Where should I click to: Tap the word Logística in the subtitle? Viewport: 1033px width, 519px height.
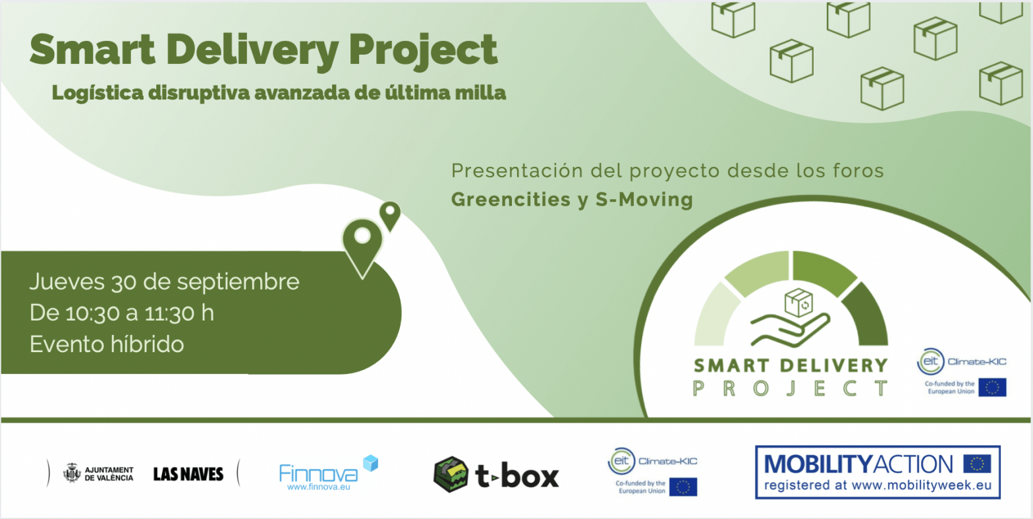point(96,94)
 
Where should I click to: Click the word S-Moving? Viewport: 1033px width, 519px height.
point(644,199)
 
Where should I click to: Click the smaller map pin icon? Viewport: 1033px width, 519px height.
point(391,214)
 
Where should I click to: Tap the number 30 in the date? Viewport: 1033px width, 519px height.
point(123,282)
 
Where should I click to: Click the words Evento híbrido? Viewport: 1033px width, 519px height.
point(107,344)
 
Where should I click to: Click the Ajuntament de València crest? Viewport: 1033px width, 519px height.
point(71,473)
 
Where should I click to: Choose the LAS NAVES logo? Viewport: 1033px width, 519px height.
point(188,474)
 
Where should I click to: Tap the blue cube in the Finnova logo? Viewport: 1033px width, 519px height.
point(370,463)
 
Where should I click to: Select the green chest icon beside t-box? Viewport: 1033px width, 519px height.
point(451,474)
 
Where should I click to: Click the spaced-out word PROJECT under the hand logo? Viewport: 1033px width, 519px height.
point(790,388)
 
